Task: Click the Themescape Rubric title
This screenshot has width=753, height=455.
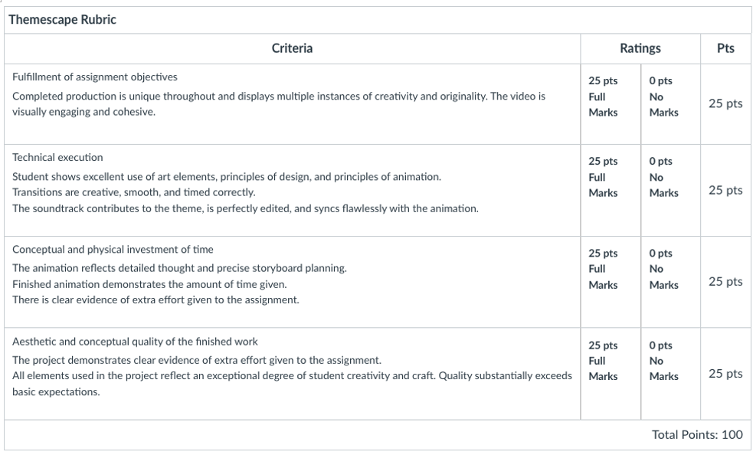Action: pyautogui.click(x=62, y=20)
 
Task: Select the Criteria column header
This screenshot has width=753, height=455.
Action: pyautogui.click(x=292, y=48)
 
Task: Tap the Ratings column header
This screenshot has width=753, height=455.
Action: pyautogui.click(x=640, y=48)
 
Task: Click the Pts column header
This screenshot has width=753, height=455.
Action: pyautogui.click(x=725, y=48)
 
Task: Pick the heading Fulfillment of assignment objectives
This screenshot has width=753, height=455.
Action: pyautogui.click(x=95, y=77)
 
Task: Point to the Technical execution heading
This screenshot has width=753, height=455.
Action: pyautogui.click(x=57, y=157)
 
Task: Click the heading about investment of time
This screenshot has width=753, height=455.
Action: pyautogui.click(x=113, y=249)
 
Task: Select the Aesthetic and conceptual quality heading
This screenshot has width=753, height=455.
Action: pyautogui.click(x=135, y=341)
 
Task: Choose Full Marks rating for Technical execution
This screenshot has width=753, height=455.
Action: pyautogui.click(x=603, y=177)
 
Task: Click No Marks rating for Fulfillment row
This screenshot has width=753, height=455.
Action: pyautogui.click(x=663, y=97)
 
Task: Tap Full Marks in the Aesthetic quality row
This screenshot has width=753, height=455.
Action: pyautogui.click(x=603, y=361)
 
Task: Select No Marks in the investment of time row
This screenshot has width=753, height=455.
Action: pyautogui.click(x=663, y=269)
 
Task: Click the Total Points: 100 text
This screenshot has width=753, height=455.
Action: pyautogui.click(x=697, y=434)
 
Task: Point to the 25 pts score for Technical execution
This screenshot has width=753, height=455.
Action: pyautogui.click(x=725, y=190)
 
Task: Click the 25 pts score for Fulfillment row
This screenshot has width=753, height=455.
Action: pyautogui.click(x=725, y=103)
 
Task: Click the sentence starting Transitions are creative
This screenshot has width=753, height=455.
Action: pyautogui.click(x=133, y=192)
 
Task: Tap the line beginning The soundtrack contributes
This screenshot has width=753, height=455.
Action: pyautogui.click(x=245, y=208)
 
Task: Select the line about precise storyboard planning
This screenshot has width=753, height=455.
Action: pyautogui.click(x=179, y=268)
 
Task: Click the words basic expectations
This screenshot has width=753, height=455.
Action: pyautogui.click(x=56, y=391)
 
